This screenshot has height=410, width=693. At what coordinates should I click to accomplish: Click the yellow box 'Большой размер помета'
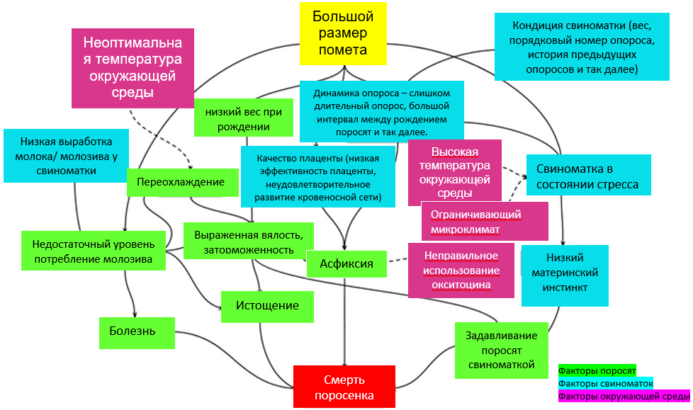tap(343, 33)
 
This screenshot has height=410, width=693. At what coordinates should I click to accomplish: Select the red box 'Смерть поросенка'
tap(344, 387)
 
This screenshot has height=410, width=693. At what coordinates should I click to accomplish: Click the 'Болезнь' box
tap(137, 331)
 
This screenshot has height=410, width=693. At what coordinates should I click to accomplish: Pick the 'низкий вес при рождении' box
tap(243, 118)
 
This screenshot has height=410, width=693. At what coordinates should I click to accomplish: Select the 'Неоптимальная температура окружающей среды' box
tap(133, 67)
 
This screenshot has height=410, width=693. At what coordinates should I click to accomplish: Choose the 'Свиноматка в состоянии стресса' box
tap(587, 177)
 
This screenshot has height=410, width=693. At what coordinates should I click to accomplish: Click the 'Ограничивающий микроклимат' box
tap(484, 222)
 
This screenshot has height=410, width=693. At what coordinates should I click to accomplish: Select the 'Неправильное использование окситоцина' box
tap(461, 271)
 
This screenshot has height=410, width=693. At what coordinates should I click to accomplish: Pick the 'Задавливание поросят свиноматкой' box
tap(501, 350)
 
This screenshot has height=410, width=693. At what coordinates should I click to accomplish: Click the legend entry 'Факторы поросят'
tap(597, 370)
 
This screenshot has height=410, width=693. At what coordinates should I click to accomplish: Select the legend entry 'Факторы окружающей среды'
tap(624, 397)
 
